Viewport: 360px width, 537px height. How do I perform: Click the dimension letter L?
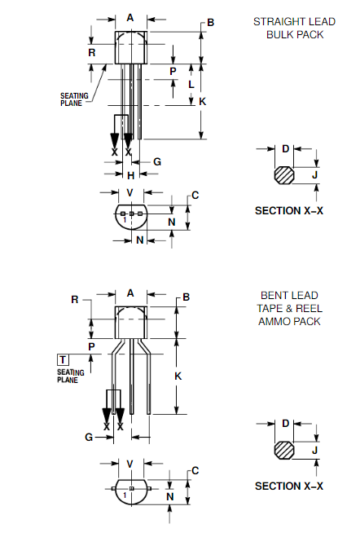point(191,84)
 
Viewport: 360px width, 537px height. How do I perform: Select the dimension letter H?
point(130,175)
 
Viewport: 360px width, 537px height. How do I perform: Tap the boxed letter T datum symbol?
point(63,359)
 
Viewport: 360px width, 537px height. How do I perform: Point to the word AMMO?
point(272,321)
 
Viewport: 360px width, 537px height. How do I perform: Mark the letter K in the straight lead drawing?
point(203,101)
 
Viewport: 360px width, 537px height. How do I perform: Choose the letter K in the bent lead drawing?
point(178,375)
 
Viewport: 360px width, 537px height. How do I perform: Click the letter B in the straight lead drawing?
point(210,23)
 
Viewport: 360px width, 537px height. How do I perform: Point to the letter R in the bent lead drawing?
point(74,299)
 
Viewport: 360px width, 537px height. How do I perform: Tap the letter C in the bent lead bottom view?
point(195,471)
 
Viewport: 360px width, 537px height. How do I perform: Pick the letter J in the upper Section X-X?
point(315,174)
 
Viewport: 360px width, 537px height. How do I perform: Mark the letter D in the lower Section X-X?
point(285,423)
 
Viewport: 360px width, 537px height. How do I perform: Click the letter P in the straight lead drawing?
point(173,71)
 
